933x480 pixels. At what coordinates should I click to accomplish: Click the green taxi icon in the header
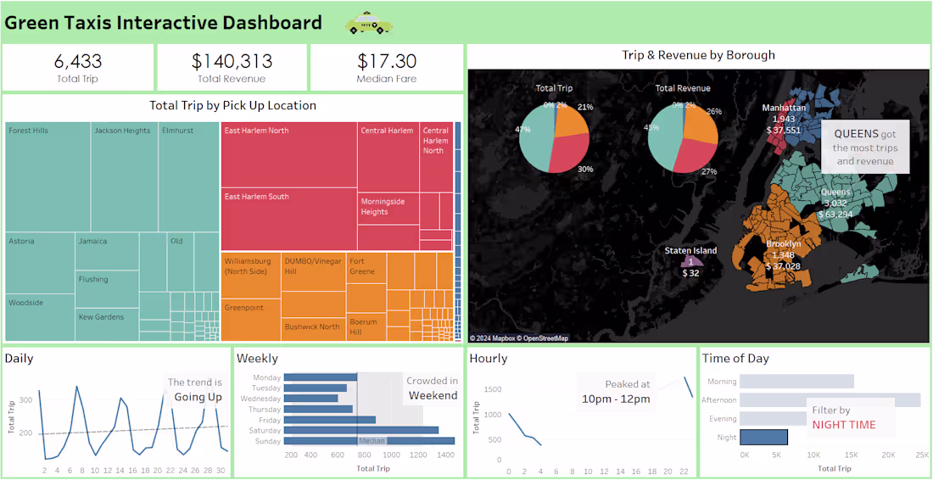click(x=369, y=24)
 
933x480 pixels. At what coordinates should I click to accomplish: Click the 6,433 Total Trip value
click(x=77, y=61)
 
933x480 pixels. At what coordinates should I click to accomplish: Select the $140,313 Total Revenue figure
click(x=232, y=61)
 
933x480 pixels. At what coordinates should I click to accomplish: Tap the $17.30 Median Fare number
click(x=387, y=61)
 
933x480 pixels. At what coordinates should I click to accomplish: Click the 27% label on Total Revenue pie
click(x=710, y=172)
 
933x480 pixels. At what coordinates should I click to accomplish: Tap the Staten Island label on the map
click(x=690, y=251)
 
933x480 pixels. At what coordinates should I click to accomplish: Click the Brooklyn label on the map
click(x=783, y=244)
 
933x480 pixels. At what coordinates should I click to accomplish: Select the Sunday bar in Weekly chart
click(x=369, y=441)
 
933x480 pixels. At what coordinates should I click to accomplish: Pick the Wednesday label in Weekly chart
click(x=260, y=399)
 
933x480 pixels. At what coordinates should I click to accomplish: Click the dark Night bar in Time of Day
click(x=763, y=438)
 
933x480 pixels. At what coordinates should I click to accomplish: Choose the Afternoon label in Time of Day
click(x=718, y=400)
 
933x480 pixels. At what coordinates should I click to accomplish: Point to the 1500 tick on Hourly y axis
click(x=492, y=389)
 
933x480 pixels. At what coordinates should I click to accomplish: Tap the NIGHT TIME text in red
click(x=844, y=425)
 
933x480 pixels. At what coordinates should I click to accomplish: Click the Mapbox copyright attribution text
click(x=519, y=338)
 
